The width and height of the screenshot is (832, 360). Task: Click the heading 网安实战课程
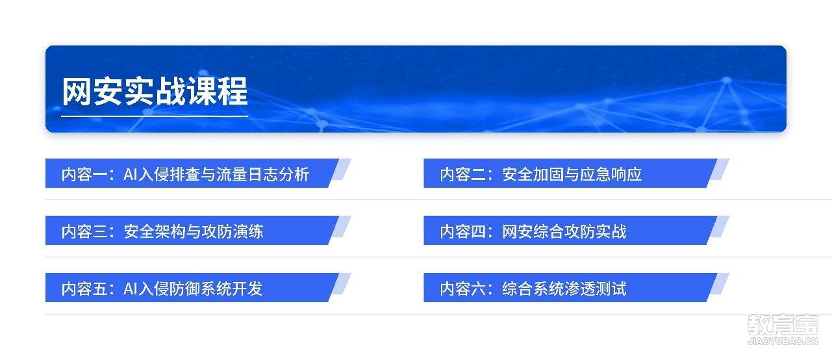pyautogui.click(x=155, y=92)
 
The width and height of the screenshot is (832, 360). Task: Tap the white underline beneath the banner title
pyautogui.click(x=155, y=116)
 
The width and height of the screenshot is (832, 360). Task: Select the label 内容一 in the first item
pyautogui.click(x=84, y=174)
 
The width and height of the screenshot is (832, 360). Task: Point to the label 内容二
pyautogui.click(x=463, y=174)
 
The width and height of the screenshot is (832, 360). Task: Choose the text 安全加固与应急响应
pyautogui.click(x=572, y=174)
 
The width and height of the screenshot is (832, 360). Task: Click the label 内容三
pyautogui.click(x=84, y=231)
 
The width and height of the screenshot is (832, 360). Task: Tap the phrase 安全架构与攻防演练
pyautogui.click(x=194, y=231)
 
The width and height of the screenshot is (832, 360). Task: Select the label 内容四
pyautogui.click(x=463, y=231)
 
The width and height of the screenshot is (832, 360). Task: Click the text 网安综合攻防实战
pyautogui.click(x=564, y=231)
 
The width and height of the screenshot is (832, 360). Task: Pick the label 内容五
pyautogui.click(x=84, y=289)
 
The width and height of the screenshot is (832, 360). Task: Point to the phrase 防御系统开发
pyautogui.click(x=216, y=289)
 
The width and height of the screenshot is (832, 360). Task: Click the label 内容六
pyautogui.click(x=463, y=289)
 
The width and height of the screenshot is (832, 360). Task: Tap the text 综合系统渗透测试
pyautogui.click(x=564, y=289)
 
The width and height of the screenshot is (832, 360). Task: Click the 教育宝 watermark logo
pyautogui.click(x=783, y=326)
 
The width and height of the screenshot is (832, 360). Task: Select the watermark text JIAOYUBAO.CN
pyautogui.click(x=783, y=341)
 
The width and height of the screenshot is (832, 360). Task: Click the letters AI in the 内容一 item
pyautogui.click(x=131, y=175)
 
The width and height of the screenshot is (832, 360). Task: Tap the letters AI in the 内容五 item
pyautogui.click(x=131, y=289)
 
